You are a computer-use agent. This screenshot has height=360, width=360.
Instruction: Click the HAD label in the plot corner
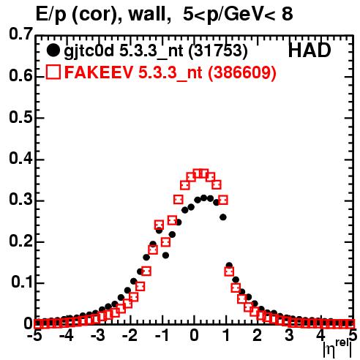[310, 50]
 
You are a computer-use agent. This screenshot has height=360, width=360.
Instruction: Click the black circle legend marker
[53, 50]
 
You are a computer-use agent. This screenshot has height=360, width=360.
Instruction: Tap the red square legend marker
[53, 72]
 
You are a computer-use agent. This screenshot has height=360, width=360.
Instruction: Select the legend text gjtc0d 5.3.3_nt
[124, 51]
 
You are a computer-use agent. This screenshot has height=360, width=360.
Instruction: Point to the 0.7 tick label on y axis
[20, 34]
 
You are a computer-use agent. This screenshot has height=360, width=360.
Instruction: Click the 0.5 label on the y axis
[20, 118]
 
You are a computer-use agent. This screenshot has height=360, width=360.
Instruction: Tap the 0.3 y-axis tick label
[20, 200]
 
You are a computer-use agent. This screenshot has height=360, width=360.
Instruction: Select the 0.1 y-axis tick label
[21, 282]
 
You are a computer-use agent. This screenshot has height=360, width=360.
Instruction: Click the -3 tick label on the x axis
[97, 335]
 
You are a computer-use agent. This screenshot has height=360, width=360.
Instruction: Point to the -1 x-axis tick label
[162, 335]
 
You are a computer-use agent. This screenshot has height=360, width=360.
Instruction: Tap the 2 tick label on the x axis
[257, 335]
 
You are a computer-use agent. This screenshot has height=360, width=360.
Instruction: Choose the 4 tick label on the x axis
[320, 335]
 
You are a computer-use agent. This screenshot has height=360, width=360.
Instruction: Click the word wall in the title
[147, 14]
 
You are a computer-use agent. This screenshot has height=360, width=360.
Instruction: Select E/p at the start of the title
[50, 15]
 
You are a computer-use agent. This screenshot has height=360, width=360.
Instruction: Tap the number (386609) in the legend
[241, 72]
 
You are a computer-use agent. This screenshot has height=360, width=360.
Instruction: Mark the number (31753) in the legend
[218, 51]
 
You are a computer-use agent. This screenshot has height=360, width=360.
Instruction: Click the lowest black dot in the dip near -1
[165, 255]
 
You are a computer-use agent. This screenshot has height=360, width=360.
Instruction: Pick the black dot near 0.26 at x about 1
[223, 217]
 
